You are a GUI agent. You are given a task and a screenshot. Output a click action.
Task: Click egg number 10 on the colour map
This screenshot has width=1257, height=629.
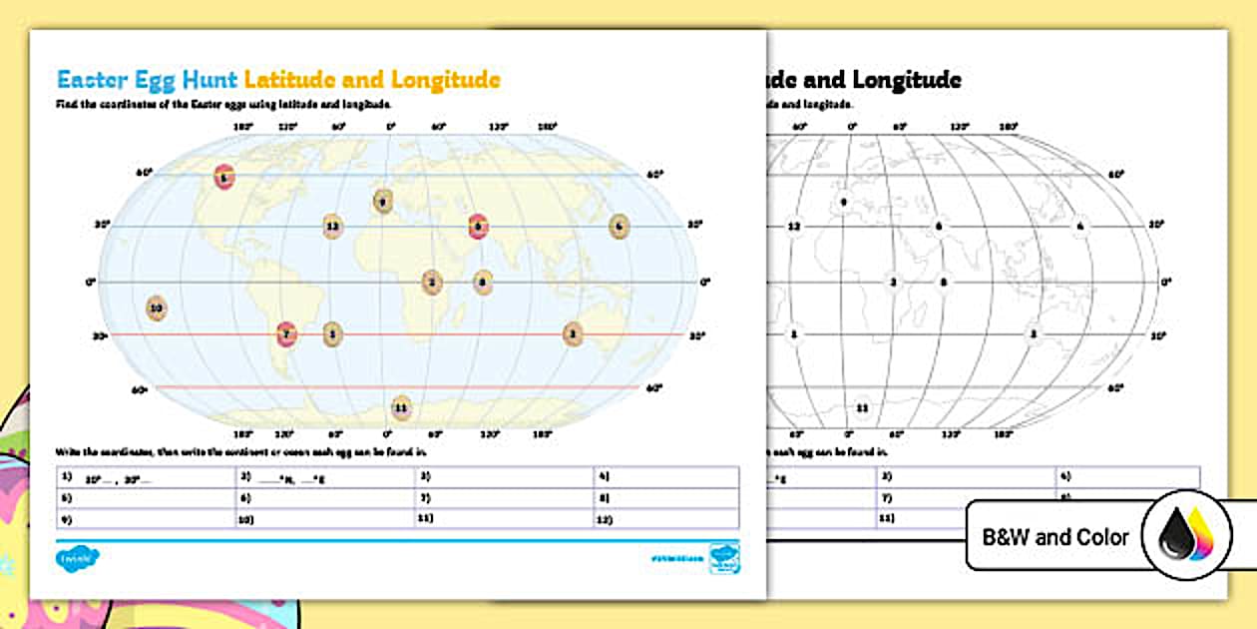(x=156, y=309)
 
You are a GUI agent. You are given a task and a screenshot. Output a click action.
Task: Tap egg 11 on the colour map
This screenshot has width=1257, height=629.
(x=401, y=406)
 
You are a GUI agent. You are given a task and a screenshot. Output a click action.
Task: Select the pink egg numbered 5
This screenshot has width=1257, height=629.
(x=478, y=227)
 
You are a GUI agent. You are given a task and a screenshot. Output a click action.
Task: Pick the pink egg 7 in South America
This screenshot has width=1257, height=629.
(x=286, y=334)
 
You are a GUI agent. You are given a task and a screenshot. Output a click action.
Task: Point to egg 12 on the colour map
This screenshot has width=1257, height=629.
(x=333, y=228)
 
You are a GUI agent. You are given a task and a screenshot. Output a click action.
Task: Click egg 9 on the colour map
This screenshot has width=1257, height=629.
(x=381, y=201)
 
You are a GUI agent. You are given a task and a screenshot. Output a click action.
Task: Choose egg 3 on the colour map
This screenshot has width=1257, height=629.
(x=572, y=333)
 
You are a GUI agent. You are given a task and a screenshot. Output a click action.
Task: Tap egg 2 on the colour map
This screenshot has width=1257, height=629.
(x=431, y=283)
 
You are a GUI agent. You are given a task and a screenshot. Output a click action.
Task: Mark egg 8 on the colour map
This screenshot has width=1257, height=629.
(x=483, y=283)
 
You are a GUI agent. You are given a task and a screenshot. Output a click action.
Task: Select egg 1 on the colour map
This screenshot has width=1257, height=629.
(x=332, y=334)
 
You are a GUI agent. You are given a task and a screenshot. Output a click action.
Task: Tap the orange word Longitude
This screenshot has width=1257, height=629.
(x=445, y=80)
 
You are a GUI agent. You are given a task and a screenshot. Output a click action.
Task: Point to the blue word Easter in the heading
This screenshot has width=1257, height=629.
(x=94, y=80)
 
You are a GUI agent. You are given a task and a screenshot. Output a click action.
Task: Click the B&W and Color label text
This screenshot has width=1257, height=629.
(x=1055, y=537)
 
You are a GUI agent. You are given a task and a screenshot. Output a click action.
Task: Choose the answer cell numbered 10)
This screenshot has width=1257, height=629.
(x=325, y=519)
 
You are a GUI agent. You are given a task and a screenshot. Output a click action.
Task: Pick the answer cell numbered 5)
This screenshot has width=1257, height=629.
(x=146, y=497)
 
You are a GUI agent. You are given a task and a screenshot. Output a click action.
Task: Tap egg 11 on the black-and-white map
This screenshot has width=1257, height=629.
(x=862, y=407)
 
